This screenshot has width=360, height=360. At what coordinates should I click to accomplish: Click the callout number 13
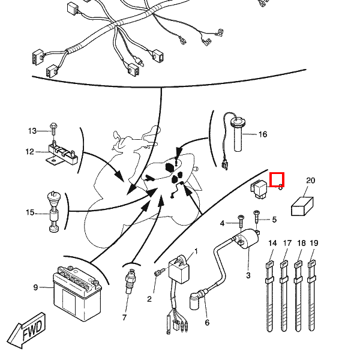pos(32,131)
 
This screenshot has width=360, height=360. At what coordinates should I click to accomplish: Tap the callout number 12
pos(30,152)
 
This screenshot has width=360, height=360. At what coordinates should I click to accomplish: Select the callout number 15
pos(30,212)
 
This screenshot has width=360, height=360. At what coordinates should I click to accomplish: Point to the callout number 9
pos(35,287)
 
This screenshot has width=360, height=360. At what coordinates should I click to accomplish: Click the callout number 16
pos(262,134)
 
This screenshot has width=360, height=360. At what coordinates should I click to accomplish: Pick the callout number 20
pos(310,181)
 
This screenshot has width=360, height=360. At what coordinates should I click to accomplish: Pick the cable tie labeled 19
pos(312,291)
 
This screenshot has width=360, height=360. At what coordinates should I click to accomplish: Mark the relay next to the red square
pos(260,188)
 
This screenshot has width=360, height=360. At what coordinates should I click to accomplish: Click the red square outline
pos(277,179)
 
